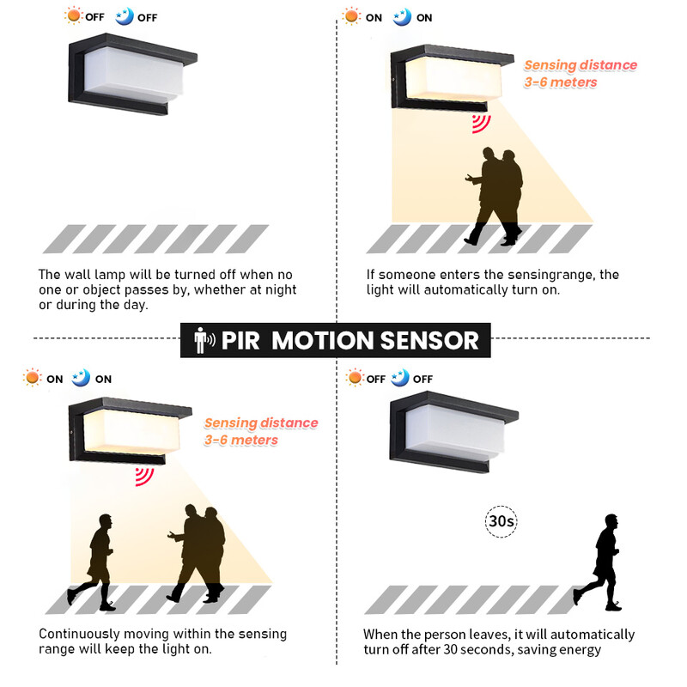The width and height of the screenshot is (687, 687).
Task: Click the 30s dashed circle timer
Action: (501, 521)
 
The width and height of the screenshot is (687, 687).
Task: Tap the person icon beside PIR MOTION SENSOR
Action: (204, 340)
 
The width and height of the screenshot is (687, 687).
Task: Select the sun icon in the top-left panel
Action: (75, 16)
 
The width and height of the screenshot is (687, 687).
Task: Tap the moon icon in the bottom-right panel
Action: (400, 378)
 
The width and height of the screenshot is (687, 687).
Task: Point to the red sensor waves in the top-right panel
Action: (480, 123)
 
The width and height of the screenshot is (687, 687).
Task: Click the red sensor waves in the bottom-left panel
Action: (144, 476)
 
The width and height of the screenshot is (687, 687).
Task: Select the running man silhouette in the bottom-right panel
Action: (600, 562)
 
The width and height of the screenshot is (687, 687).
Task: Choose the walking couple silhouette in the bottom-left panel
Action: (199, 554)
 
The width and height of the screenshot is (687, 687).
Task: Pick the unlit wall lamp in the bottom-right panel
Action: (453, 434)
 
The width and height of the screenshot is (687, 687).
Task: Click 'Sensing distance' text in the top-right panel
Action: (581, 65)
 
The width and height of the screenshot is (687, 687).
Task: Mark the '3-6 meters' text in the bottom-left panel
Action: (240, 440)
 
